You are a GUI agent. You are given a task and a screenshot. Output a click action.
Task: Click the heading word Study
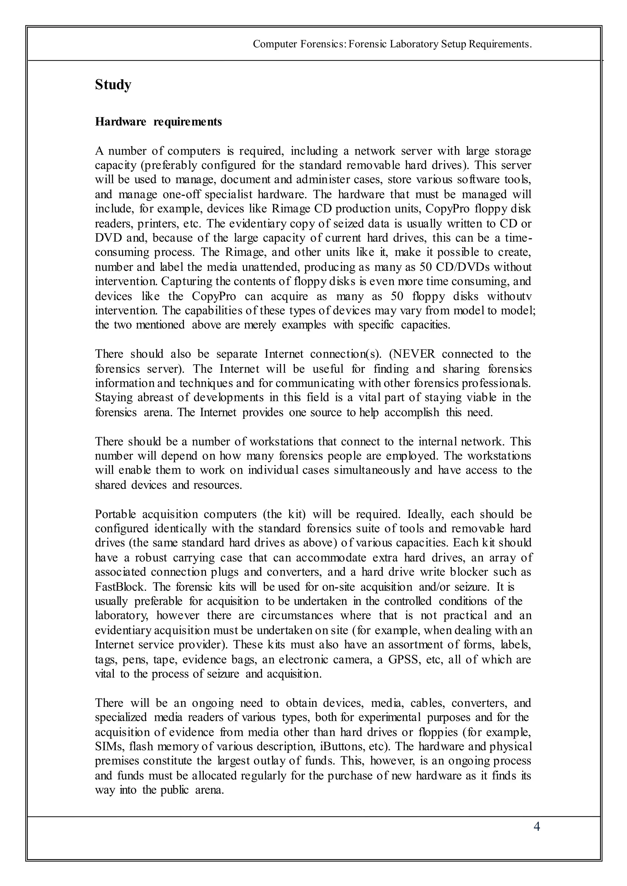113,85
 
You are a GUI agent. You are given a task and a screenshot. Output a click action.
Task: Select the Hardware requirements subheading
158,122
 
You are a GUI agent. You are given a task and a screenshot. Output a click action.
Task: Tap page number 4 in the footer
536,827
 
